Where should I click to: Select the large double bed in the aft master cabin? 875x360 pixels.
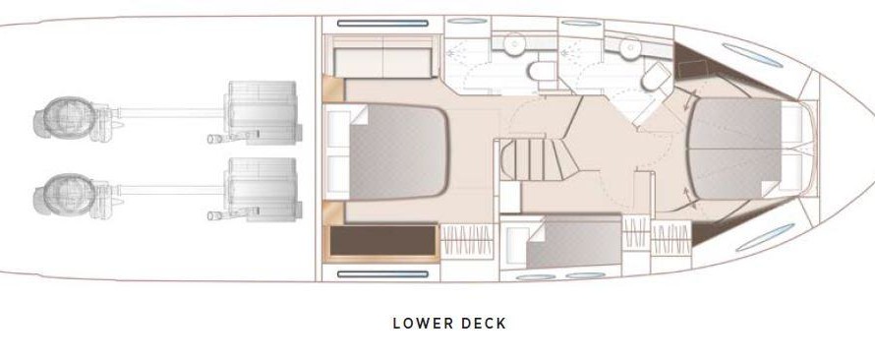point(398,151)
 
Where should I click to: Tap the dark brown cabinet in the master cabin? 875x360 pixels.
point(382,241)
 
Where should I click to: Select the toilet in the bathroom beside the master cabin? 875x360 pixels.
point(543,71)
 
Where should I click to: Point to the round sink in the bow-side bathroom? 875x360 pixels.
point(630,47)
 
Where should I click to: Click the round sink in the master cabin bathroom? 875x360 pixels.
point(514,44)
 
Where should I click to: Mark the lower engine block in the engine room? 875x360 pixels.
point(261,188)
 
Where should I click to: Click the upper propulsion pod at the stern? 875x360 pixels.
point(72,118)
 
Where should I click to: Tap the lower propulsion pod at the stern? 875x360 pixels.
point(72,196)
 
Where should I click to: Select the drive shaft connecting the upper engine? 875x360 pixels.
point(171,113)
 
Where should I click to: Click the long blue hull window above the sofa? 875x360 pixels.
point(382,24)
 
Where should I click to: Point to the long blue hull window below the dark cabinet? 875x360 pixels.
point(382,274)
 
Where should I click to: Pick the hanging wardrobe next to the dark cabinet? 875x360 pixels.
point(467,241)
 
